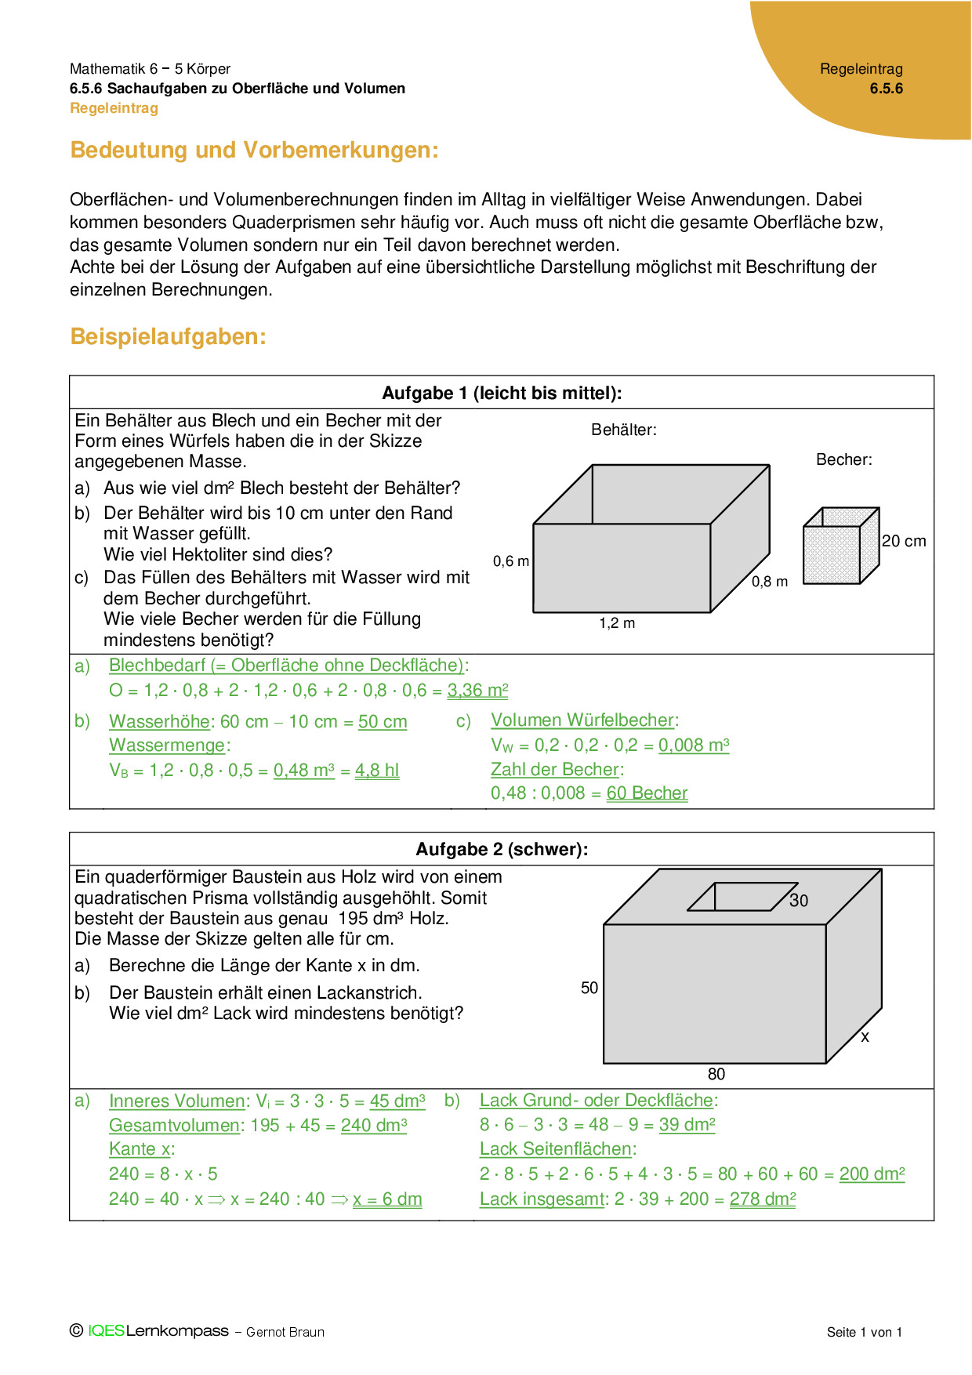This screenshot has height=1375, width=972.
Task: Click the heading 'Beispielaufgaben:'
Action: pyautogui.click(x=169, y=337)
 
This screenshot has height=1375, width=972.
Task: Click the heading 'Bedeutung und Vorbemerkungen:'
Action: pyautogui.click(x=254, y=150)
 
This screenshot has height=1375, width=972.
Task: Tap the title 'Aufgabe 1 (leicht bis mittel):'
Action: pyautogui.click(x=502, y=393)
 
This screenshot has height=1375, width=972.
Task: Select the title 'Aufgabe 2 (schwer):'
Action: pyautogui.click(x=502, y=849)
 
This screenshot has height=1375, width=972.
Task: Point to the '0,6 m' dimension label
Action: pyautogui.click(x=511, y=561)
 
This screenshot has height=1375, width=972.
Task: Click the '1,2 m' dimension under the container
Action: pyautogui.click(x=617, y=623)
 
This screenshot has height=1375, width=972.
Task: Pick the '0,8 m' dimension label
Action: pyautogui.click(x=770, y=582)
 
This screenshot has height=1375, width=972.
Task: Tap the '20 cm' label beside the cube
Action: pyautogui.click(x=904, y=541)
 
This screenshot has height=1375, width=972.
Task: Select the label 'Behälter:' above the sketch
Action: pyautogui.click(x=624, y=430)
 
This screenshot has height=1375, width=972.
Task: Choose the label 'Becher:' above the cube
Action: pyautogui.click(x=844, y=459)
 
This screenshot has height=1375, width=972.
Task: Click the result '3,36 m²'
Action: pyautogui.click(x=477, y=691)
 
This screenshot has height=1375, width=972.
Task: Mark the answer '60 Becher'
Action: pyautogui.click(x=647, y=793)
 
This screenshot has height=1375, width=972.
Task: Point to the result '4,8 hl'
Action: pyautogui.click(x=377, y=771)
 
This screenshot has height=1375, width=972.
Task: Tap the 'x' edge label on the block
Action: pyautogui.click(x=865, y=1036)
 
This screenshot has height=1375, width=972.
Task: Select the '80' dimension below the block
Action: pyautogui.click(x=716, y=1074)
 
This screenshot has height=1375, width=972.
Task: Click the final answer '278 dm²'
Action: pyautogui.click(x=763, y=1199)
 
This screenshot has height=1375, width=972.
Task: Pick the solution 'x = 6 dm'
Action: pyautogui.click(x=387, y=1199)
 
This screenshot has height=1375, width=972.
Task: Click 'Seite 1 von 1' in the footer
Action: pyautogui.click(x=865, y=1332)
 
